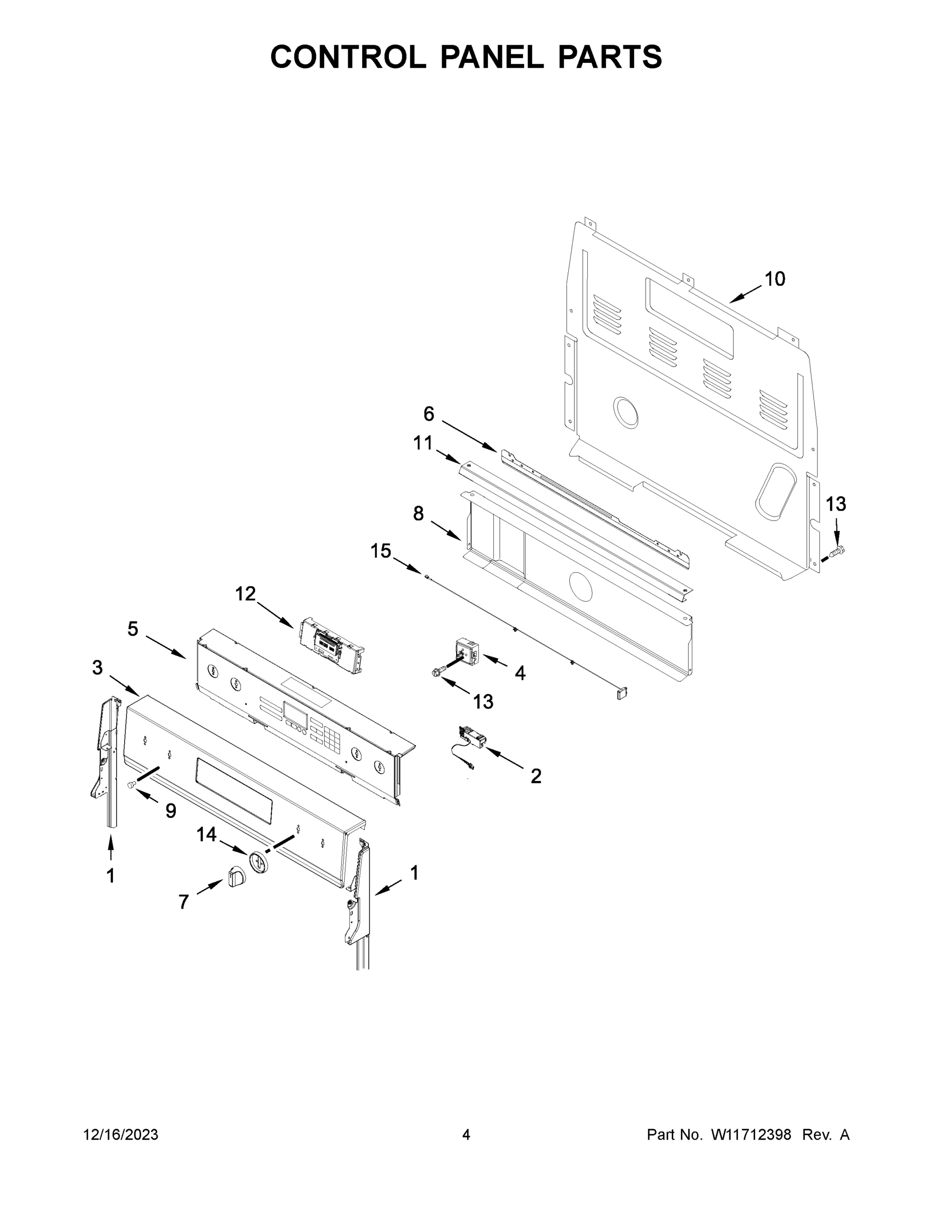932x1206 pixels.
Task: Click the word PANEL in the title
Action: point(491,57)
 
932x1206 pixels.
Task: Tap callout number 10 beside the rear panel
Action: point(775,279)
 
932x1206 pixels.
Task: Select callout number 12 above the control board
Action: point(246,593)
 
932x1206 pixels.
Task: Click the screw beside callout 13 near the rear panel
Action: point(839,551)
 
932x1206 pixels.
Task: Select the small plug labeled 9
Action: point(132,785)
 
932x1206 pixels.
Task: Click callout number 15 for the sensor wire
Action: point(380,551)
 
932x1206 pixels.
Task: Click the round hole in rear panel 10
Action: point(625,412)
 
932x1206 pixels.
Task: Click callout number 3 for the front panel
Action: point(97,668)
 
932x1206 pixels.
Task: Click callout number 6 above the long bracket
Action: point(429,413)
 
